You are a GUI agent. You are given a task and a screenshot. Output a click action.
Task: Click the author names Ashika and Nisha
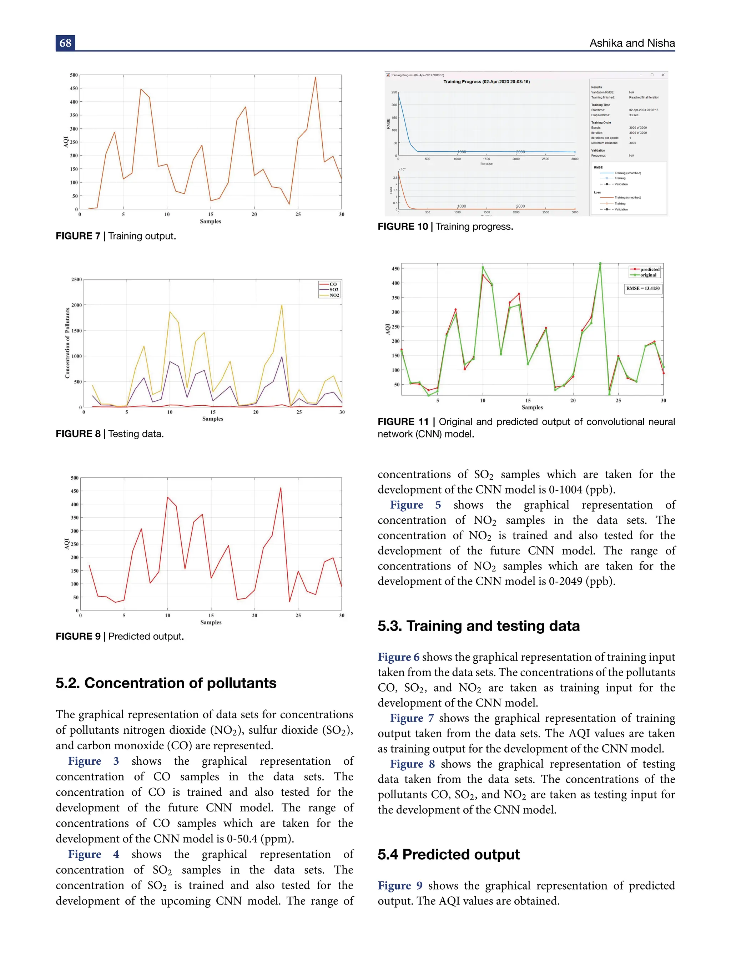632,43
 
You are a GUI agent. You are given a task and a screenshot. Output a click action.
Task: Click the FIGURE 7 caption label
78,236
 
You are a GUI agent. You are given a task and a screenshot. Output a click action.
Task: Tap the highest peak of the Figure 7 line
316,78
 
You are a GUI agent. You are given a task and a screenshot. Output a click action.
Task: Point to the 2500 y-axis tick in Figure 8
77,279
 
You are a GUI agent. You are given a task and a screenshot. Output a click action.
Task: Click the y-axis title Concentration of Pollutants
67,343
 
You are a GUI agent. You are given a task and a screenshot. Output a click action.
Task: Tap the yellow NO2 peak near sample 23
282,305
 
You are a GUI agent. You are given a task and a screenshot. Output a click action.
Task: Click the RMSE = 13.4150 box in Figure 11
643,288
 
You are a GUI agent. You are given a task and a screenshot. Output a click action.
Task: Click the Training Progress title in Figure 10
487,81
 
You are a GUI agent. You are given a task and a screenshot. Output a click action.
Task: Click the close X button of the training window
663,75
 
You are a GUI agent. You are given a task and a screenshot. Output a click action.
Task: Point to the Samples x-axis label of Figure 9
211,623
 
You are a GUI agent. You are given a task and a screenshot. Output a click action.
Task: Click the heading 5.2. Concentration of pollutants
166,683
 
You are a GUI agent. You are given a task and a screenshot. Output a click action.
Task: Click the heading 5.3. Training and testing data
479,626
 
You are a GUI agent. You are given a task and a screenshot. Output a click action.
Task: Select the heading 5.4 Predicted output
449,854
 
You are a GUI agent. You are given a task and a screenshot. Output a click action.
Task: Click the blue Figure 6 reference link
398,657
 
